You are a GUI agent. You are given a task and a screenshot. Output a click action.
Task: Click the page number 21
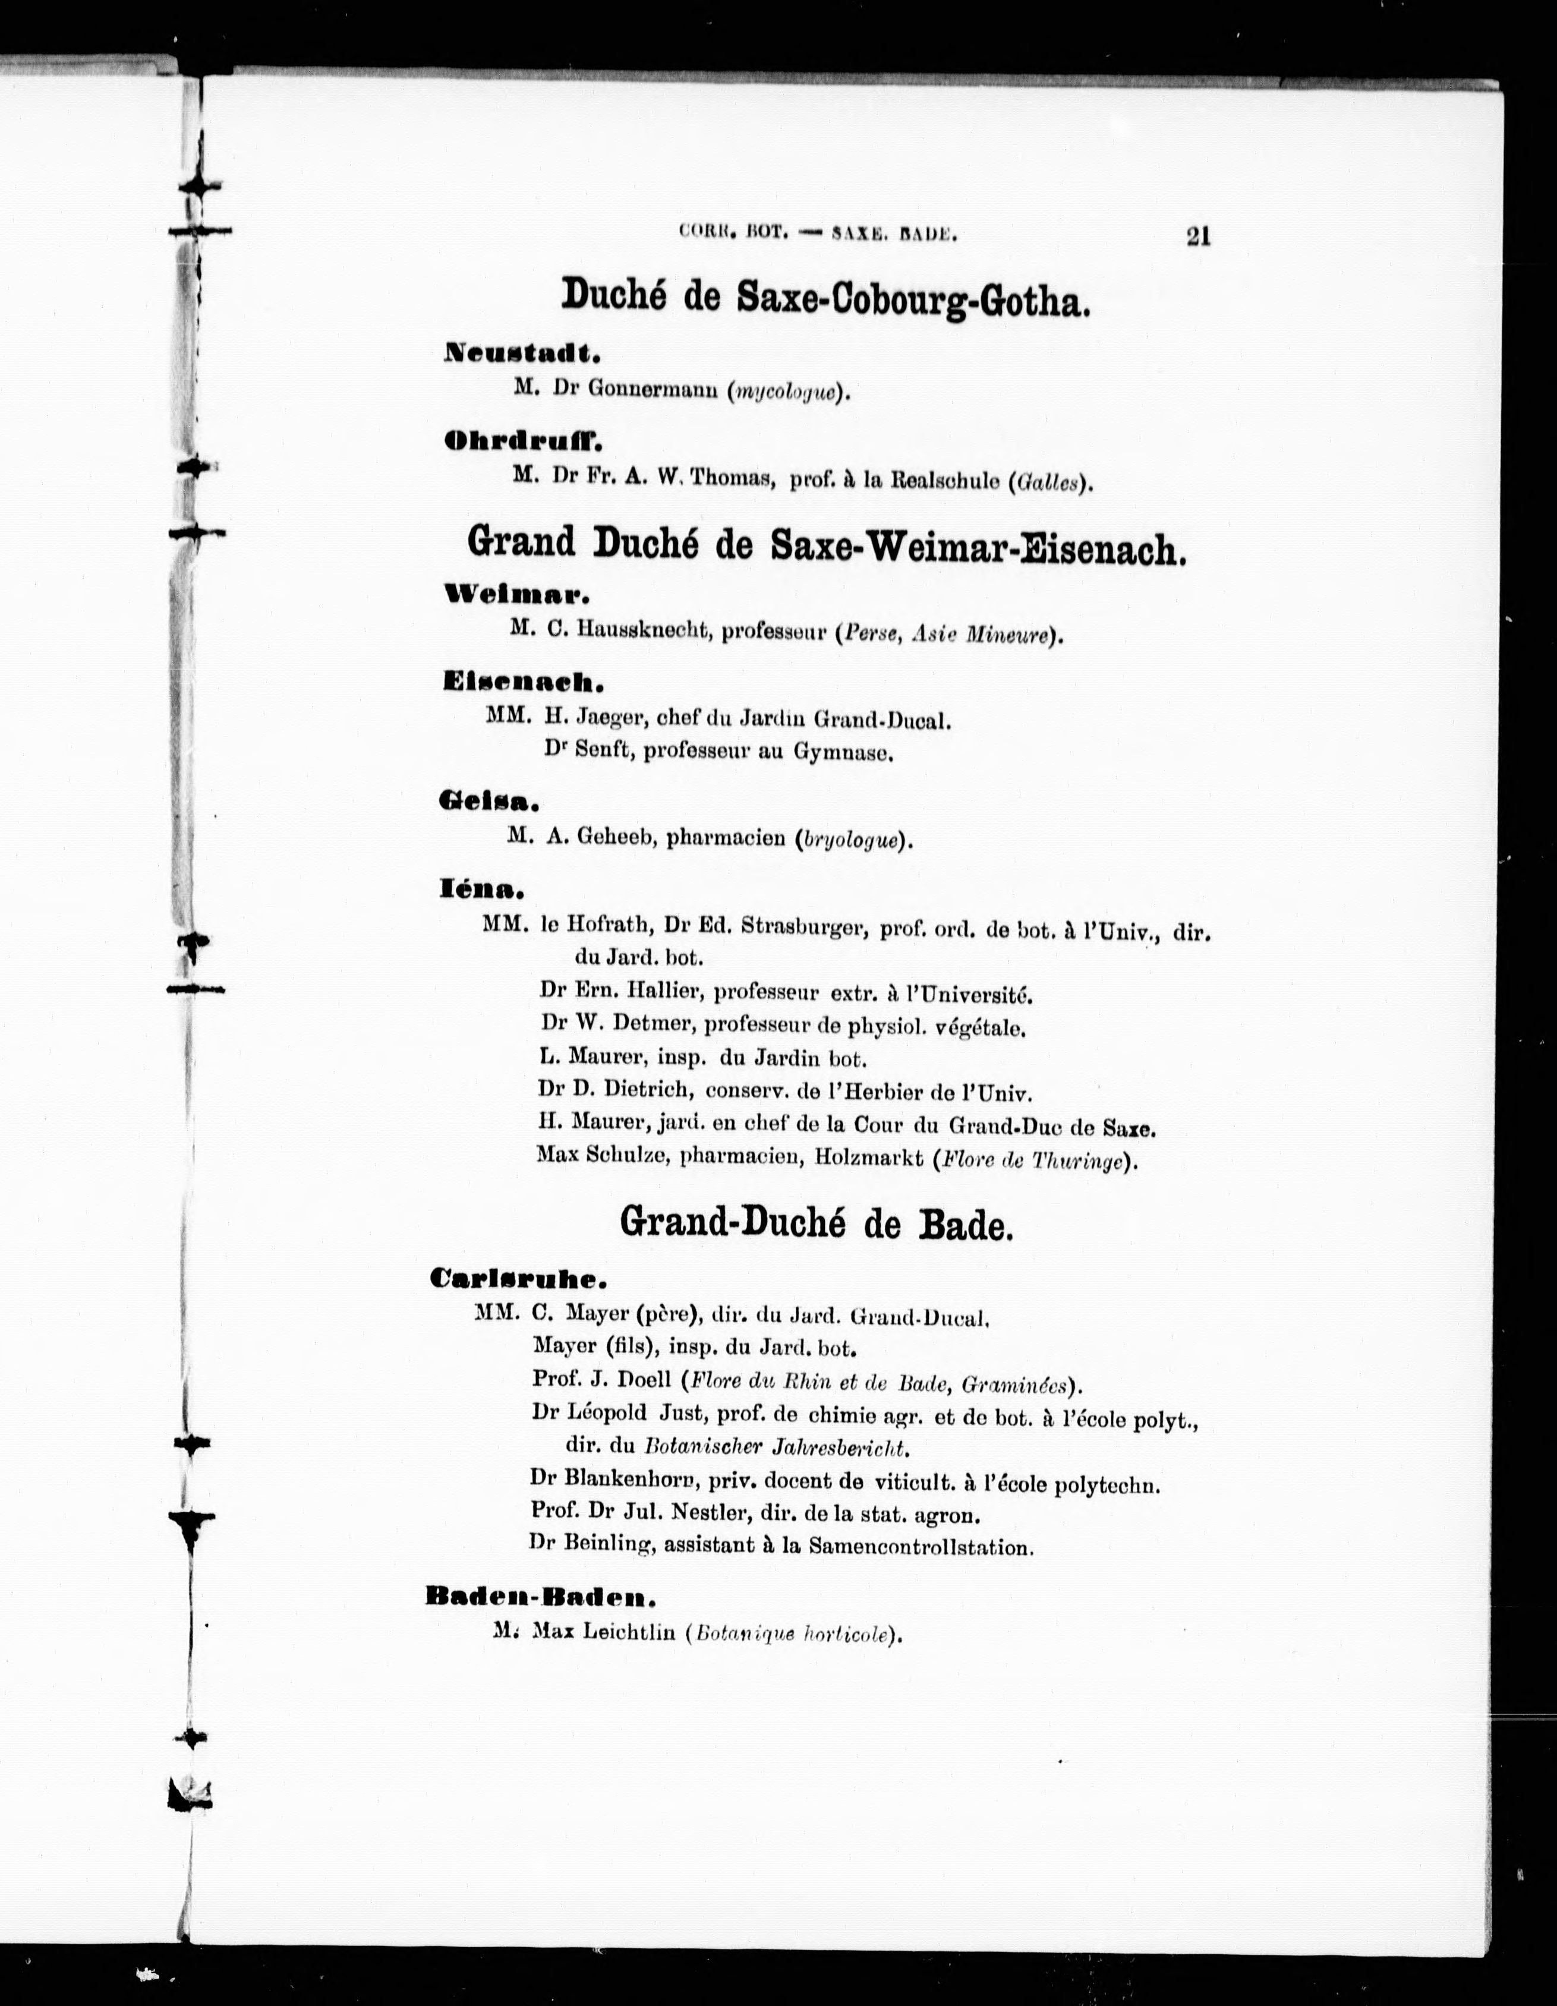click(1198, 236)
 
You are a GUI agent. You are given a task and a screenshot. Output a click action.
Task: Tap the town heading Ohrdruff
click(522, 442)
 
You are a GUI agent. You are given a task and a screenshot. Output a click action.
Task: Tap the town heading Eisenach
click(522, 682)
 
